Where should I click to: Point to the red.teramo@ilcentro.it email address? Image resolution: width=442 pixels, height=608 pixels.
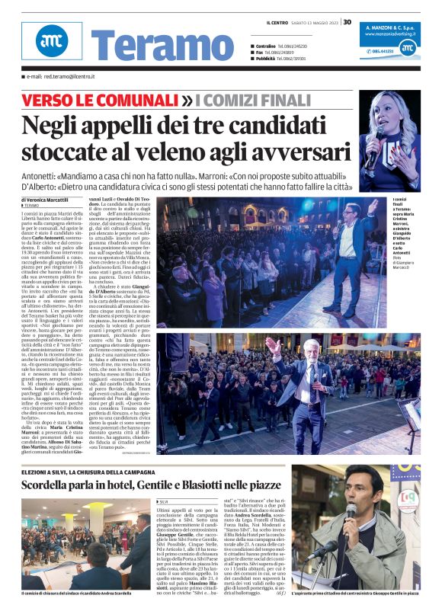[x=58, y=77]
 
